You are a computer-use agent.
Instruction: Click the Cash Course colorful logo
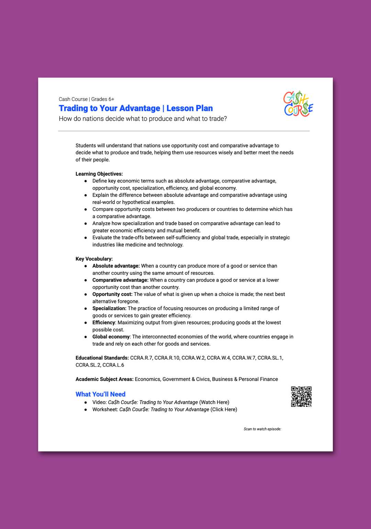298,104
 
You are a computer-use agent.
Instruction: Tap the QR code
301,397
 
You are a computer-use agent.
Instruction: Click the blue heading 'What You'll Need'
100,394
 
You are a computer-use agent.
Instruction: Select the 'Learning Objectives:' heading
99,174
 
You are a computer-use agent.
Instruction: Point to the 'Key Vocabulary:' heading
94,259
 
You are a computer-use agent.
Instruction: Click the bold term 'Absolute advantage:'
116,266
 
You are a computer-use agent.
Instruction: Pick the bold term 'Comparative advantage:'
120,280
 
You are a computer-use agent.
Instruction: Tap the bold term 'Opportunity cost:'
112,294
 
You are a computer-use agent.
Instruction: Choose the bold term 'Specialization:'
109,308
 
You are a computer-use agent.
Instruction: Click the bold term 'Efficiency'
103,322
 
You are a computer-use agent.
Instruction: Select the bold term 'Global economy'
111,337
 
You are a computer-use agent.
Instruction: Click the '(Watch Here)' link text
214,402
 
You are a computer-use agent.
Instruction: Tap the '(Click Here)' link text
224,409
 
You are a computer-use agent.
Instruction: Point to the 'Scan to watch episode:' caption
262,429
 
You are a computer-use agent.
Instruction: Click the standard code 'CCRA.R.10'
167,358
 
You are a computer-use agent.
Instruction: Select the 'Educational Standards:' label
102,358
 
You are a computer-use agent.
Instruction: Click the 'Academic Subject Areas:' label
104,379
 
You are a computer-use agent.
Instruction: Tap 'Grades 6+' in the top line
103,99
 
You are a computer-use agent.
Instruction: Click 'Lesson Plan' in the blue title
190,108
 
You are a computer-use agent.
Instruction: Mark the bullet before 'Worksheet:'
86,410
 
